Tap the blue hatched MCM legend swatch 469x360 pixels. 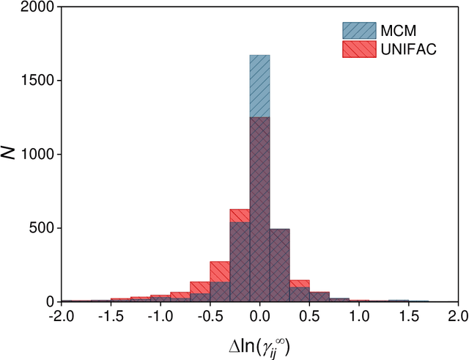(x=358, y=30)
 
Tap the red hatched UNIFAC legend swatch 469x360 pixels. (x=358, y=49)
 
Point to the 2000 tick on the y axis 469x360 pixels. (x=37, y=7)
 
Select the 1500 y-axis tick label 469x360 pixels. (x=37, y=81)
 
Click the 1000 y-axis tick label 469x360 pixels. (x=37, y=155)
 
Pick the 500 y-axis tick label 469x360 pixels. (x=41, y=228)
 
